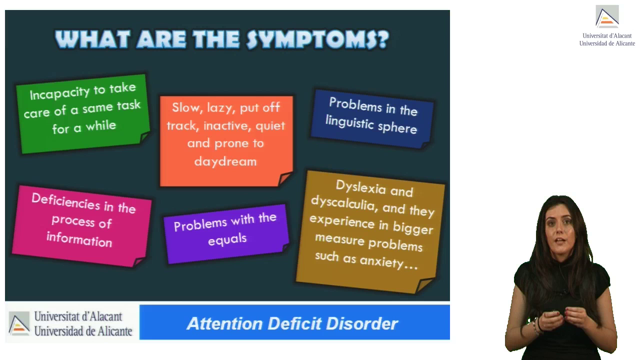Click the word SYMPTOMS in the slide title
[317, 39]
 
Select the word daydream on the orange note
[225, 162]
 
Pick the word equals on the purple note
[227, 239]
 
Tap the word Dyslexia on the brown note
[361, 187]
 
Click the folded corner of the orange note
[285, 178]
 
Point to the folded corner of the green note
[144, 137]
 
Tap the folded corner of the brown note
[425, 285]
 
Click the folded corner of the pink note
[139, 262]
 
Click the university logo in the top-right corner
[607, 16]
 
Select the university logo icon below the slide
[19, 323]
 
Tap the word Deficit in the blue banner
[294, 323]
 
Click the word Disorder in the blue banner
[362, 323]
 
